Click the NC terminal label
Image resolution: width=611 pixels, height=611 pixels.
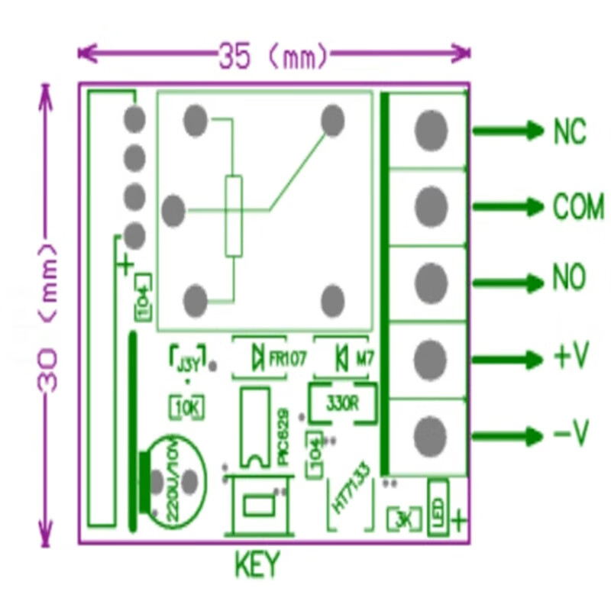(570, 131)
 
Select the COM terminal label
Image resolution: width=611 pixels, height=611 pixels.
(578, 207)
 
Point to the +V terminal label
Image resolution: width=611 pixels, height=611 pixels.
(571, 356)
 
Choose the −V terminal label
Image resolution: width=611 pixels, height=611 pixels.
(571, 435)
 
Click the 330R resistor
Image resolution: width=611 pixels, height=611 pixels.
(341, 402)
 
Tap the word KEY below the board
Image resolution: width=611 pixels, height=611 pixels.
(257, 566)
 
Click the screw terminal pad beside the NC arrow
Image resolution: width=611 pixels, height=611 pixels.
(431, 131)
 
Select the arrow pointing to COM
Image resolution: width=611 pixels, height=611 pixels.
(507, 207)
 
